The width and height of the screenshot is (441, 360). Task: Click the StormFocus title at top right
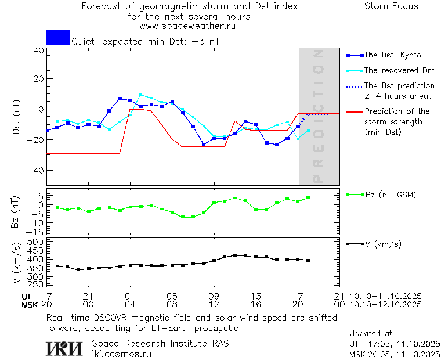[391, 6]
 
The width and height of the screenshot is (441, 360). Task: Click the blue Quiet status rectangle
[58, 37]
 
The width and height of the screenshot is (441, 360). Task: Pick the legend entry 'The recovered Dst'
[399, 70]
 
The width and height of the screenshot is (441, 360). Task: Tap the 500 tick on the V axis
[37, 242]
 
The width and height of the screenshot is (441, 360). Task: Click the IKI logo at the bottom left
[65, 348]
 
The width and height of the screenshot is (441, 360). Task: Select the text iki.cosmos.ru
[122, 354]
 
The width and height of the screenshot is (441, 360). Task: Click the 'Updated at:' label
[372, 333]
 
